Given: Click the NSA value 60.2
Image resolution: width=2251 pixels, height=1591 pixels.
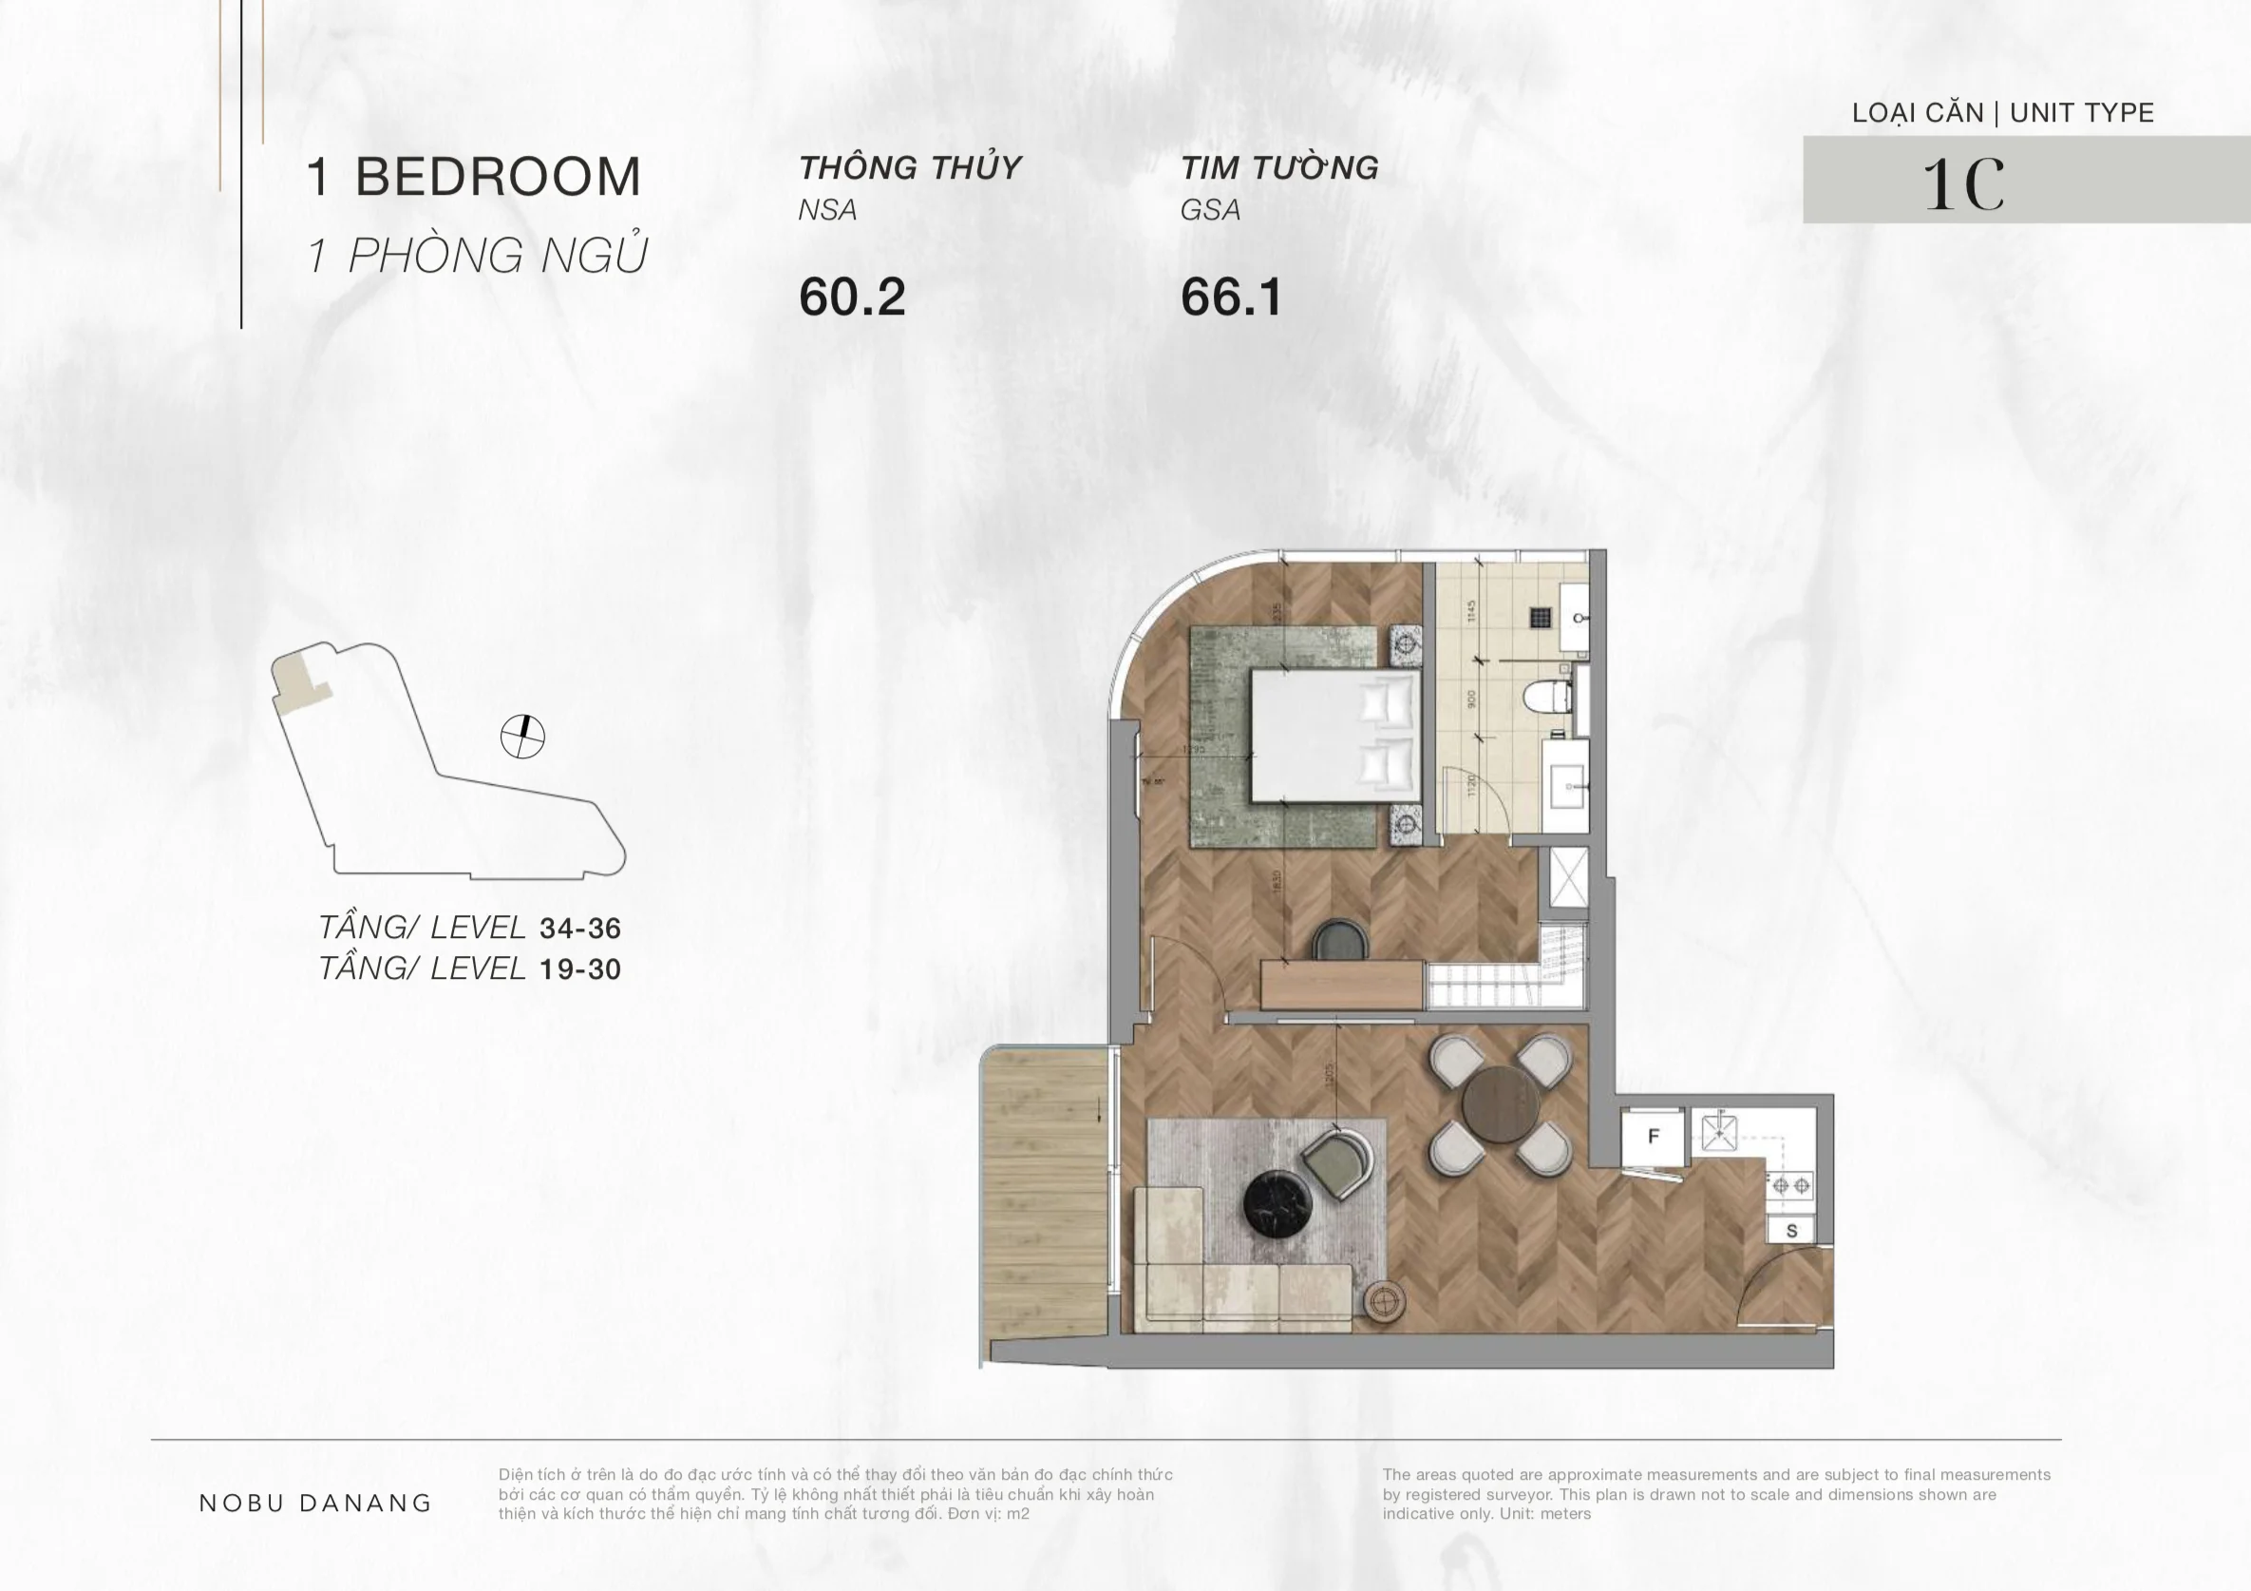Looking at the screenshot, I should [851, 297].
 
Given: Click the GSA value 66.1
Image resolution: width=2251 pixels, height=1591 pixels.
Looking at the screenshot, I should [1231, 297].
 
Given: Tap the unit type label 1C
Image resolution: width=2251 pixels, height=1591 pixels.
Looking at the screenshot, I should [1963, 183].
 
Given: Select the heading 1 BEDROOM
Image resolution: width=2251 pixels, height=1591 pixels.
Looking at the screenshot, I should [474, 177].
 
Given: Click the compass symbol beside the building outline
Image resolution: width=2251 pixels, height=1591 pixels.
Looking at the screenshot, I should [522, 737].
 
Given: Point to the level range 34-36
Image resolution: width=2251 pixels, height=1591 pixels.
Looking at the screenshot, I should [580, 928].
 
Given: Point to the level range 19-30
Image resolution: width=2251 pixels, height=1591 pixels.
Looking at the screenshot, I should [580, 969].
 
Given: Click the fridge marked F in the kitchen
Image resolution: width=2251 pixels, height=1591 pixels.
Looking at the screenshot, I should [1653, 1136].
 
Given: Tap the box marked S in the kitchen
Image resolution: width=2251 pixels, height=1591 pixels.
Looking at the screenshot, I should [1791, 1231].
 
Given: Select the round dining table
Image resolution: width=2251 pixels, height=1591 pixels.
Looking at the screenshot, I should [1500, 1104].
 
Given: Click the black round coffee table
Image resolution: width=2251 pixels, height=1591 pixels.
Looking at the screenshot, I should [1277, 1202].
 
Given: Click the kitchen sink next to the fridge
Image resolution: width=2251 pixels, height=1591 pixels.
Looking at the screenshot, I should [1721, 1134].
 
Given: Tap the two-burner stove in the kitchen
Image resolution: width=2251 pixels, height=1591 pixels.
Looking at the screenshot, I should [1790, 1186].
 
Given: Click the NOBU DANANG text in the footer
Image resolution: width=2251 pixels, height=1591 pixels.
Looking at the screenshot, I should [315, 1503].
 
